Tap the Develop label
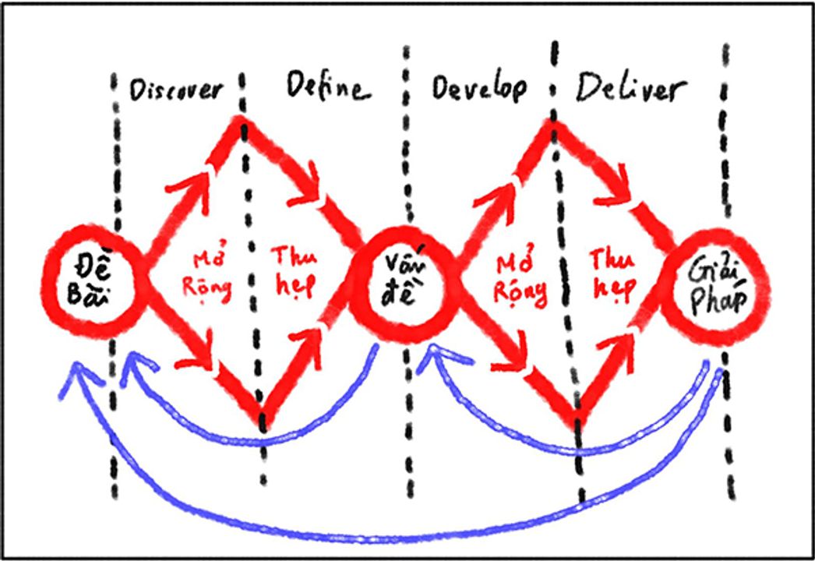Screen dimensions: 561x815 [478, 88]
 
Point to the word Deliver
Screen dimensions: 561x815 [631, 90]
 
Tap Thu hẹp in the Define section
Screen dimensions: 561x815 [292, 273]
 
